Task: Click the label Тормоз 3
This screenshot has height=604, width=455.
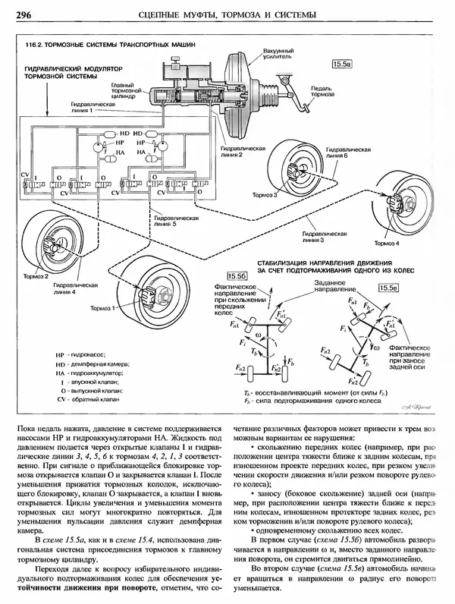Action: click(x=265, y=195)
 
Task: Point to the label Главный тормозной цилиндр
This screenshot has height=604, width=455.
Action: click(x=120, y=91)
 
